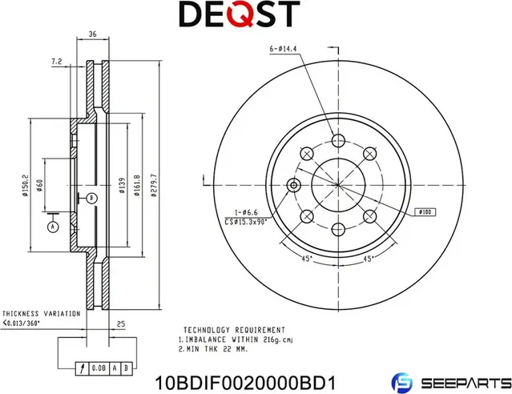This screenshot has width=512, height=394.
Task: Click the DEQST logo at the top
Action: click(238, 14)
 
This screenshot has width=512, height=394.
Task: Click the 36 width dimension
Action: click(92, 34)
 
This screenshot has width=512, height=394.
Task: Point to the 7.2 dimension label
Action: click(56, 61)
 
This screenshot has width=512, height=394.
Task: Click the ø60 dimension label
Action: click(39, 186)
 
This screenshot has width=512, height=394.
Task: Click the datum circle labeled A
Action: click(53, 227)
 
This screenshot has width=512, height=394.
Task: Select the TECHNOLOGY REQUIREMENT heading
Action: click(233, 329)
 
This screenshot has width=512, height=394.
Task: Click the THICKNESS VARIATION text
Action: click(41, 313)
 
